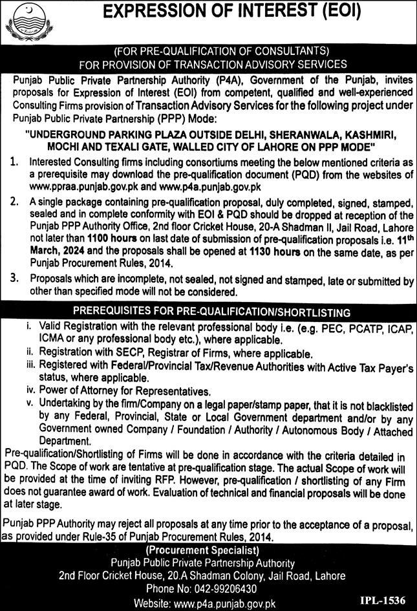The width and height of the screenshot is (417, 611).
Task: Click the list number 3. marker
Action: point(14,277)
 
